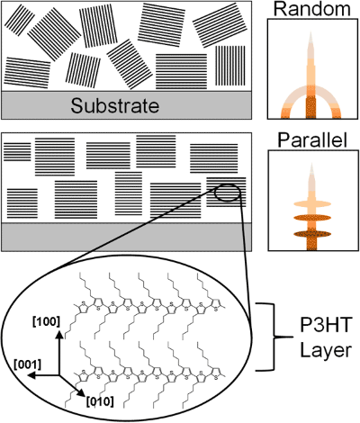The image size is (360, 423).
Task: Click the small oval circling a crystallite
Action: tap(226, 191)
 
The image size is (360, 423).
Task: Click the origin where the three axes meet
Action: tap(60, 375)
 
